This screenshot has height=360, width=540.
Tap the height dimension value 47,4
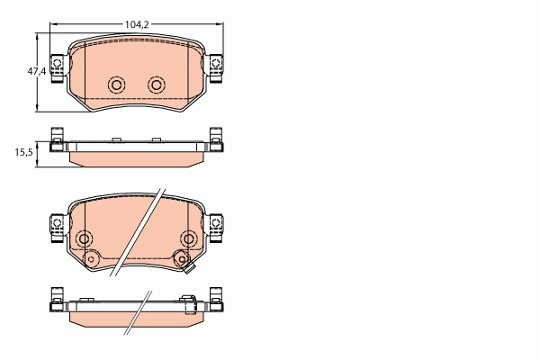[36, 71]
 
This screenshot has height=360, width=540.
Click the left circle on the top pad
[115, 85]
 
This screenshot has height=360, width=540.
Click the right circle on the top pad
[157, 85]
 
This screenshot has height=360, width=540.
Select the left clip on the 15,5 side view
[56, 142]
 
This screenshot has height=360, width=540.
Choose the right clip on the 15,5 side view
[216, 142]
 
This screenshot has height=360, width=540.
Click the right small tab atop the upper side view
[157, 139]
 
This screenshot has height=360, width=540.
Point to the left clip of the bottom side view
[56, 300]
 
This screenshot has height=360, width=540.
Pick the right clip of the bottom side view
[216, 300]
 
